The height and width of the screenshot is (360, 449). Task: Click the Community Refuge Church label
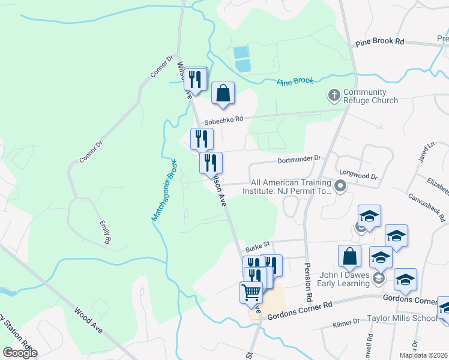point(370,96)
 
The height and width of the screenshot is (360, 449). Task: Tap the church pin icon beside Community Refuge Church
point(334,95)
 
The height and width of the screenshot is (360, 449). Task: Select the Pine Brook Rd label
point(380,42)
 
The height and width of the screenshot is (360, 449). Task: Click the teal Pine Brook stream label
point(295,81)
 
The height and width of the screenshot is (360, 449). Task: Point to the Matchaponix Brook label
point(163,190)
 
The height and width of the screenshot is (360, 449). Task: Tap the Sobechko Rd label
point(223,120)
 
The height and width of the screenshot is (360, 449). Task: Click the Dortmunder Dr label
point(300,160)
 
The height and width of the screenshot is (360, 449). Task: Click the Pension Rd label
point(309,282)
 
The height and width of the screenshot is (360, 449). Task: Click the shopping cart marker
point(252,293)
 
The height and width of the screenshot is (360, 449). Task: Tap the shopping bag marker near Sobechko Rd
point(223,94)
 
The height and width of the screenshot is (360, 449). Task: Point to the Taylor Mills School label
point(408,319)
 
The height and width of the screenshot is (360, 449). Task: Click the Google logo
point(20,352)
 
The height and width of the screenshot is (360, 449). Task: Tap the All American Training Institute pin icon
point(340,187)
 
